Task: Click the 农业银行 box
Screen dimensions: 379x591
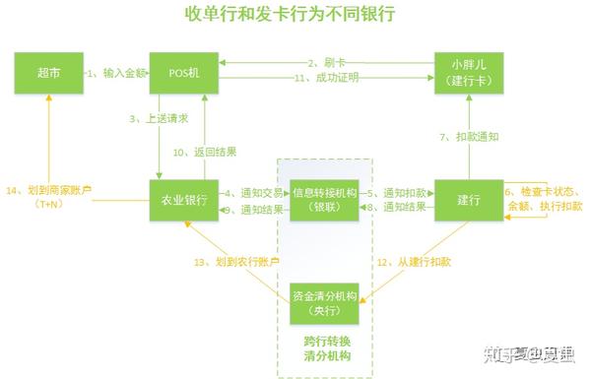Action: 183,201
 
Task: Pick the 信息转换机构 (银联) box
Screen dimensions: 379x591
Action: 324,200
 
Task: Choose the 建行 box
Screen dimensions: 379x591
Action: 468,201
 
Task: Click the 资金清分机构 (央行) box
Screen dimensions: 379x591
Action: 324,303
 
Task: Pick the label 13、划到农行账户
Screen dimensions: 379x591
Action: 237,262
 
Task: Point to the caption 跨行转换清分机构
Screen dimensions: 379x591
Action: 324,348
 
